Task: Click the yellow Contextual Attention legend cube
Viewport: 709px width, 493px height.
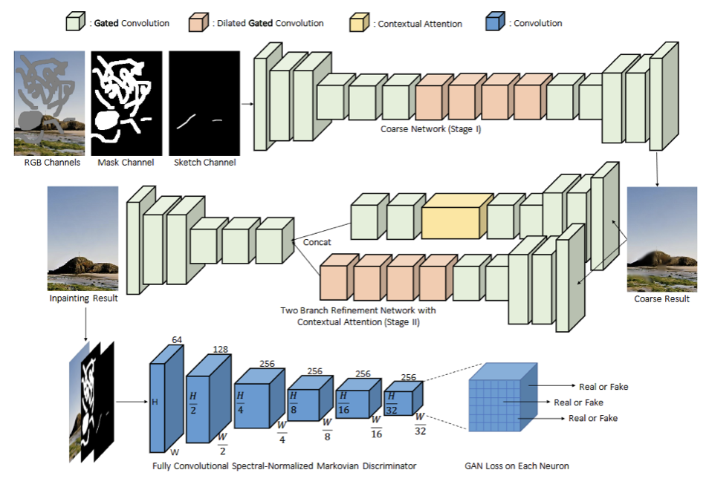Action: pyautogui.click(x=360, y=23)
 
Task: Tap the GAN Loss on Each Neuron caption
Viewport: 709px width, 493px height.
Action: pyautogui.click(x=526, y=466)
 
